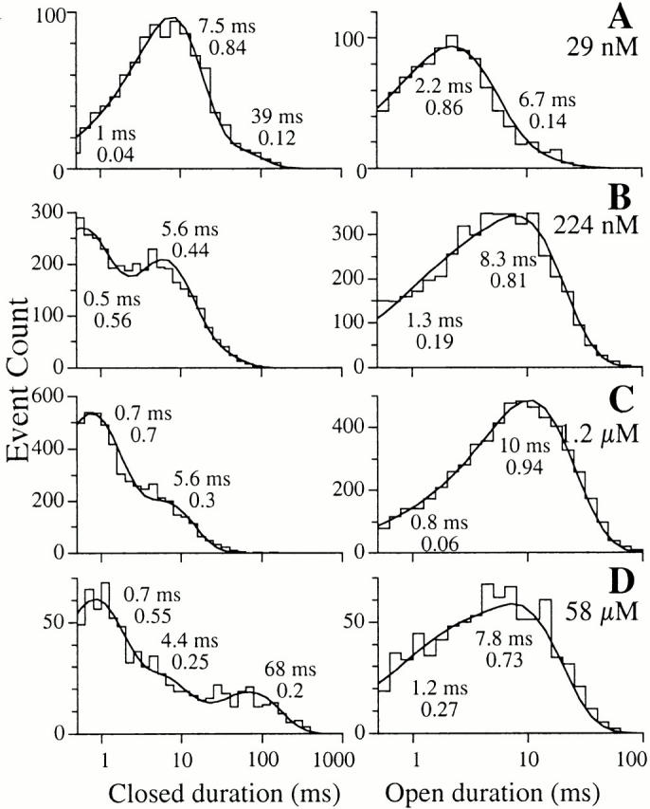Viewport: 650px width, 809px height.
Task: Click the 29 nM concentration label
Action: (x=604, y=44)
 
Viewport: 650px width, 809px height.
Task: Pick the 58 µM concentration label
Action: (x=601, y=603)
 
